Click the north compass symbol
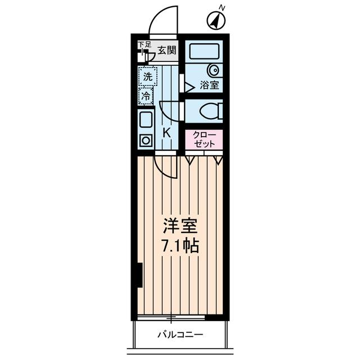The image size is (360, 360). click(x=217, y=21)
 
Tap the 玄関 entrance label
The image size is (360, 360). click(x=166, y=50)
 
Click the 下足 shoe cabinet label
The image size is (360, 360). click(x=145, y=44)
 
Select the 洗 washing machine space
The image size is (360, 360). click(x=147, y=76)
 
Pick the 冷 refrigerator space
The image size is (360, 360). click(x=146, y=96)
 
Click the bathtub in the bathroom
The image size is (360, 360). click(x=205, y=51)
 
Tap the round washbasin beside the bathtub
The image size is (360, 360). click(x=214, y=71)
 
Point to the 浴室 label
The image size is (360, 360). click(x=210, y=86)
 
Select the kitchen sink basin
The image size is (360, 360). click(x=146, y=120)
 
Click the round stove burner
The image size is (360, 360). click(x=146, y=140)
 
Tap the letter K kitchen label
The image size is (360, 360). click(x=166, y=133)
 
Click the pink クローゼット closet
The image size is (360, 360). click(x=204, y=139)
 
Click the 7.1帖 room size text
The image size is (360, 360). click(x=180, y=246)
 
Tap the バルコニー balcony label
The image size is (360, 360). click(x=180, y=335)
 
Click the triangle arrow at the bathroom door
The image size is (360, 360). click(x=183, y=86)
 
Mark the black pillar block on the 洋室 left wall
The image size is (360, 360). click(x=139, y=275)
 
